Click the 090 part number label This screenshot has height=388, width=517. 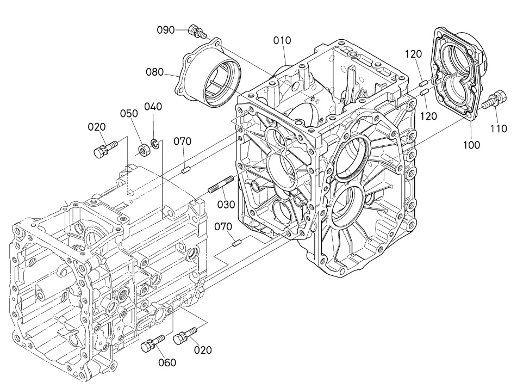point(165,30)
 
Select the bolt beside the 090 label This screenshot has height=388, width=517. point(197,32)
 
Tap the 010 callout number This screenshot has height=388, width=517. point(282,41)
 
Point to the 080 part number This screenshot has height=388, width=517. point(155,72)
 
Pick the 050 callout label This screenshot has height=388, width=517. point(129,114)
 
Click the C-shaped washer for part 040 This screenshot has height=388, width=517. point(155,143)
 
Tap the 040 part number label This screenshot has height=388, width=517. point(153,107)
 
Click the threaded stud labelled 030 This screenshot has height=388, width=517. point(221,184)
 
